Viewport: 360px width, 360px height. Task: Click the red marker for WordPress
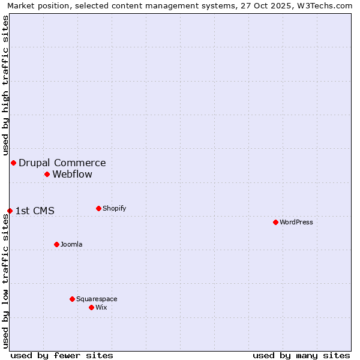[275, 222]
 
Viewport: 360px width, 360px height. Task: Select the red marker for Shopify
[98, 208]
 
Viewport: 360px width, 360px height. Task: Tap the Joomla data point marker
[56, 244]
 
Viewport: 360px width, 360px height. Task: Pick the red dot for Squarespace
[72, 299]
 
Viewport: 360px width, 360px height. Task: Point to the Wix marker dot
[91, 307]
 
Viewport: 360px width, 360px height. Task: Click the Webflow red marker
[47, 174]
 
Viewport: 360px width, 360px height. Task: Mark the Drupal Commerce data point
[13, 163]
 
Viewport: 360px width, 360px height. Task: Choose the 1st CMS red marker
[10, 211]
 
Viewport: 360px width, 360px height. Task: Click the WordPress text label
[296, 222]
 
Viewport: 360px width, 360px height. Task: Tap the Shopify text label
[114, 208]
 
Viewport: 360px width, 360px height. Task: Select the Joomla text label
[71, 244]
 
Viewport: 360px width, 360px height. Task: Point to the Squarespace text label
[97, 299]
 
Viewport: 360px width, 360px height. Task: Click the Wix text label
[101, 307]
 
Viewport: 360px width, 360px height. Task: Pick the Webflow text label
[73, 175]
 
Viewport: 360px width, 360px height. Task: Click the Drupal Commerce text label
[62, 163]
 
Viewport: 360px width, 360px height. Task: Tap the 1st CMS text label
[35, 211]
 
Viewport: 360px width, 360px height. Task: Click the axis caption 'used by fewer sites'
[62, 355]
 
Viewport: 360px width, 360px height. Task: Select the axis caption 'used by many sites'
[301, 355]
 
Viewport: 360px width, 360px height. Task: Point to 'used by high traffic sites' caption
[6, 84]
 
